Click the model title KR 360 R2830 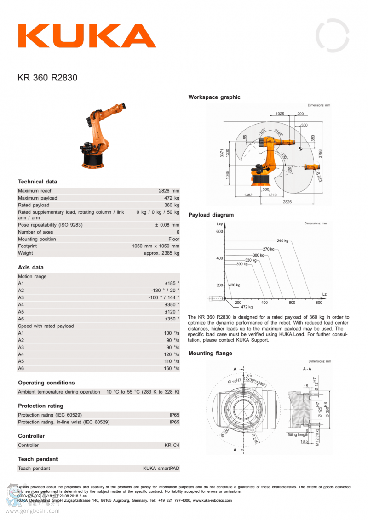click(47, 78)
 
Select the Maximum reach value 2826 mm click(169, 191)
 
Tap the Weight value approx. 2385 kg click(161, 253)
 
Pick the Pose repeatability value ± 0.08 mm click(167, 225)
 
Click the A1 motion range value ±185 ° click(172, 284)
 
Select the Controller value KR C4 click(172, 445)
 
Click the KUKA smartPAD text click(161, 468)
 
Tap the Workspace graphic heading click(214, 97)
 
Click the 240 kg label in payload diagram click(282, 240)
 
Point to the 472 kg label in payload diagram click(247, 307)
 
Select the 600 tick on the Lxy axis click(219, 231)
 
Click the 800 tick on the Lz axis click(319, 303)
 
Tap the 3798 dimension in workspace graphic click(321, 154)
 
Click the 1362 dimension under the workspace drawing click(248, 195)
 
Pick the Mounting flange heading click(210, 353)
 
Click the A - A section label click(307, 369)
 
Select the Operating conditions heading click(46, 383)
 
